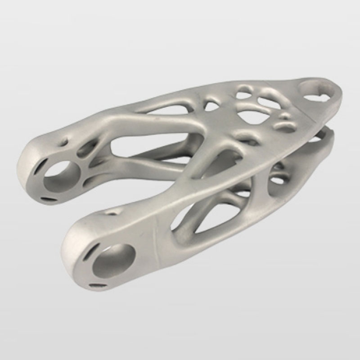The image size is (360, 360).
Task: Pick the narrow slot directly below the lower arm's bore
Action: (x=98, y=284)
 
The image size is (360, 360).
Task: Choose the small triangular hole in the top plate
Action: (x=211, y=106)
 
